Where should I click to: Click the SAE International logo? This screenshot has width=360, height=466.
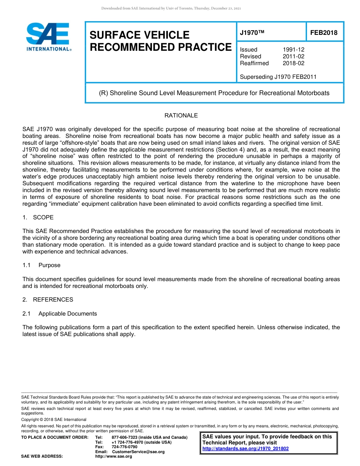coord(49,37)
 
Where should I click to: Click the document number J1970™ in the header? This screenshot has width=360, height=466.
coord(252,33)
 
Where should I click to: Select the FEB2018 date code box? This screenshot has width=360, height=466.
coord(324,33)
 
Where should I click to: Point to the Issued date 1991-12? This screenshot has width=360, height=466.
coord(293,50)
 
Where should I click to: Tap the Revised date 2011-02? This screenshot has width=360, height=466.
coord(293,56)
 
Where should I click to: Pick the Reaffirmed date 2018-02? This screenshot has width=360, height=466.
coord(293,63)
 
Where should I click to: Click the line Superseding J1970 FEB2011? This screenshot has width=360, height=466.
coord(278,77)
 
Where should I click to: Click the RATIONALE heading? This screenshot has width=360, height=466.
coord(181,116)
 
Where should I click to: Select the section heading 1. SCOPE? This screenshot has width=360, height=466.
coord(38,217)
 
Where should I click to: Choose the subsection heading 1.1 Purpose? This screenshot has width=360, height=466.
coord(41,265)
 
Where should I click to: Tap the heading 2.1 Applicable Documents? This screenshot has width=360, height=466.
coord(59,314)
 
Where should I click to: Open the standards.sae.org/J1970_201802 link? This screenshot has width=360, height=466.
coord(246,449)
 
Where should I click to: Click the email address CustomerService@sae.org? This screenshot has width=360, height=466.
coord(138,452)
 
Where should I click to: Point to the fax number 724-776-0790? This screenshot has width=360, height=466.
coord(125,447)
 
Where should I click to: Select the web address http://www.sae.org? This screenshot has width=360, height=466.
coord(113,457)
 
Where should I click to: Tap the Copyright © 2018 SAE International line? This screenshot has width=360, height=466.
coord(54,419)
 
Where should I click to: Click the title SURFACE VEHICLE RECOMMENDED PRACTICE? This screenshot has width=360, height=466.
coord(160,41)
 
